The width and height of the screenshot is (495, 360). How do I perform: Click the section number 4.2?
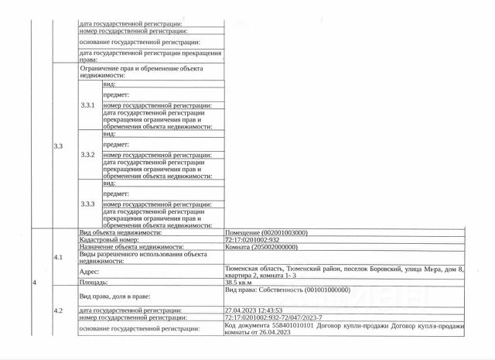(x=59, y=310)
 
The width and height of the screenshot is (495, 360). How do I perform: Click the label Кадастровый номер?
(x=110, y=239)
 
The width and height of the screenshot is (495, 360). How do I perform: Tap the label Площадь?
(x=94, y=283)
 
